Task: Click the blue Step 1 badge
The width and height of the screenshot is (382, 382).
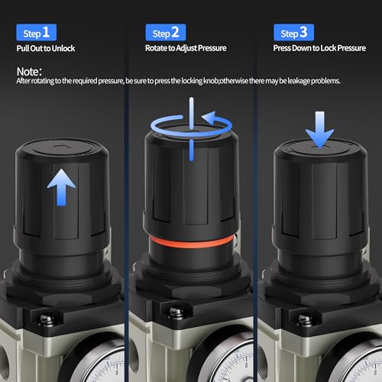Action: pyautogui.click(x=36, y=32)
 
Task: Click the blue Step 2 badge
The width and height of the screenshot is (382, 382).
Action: pyautogui.click(x=166, y=32)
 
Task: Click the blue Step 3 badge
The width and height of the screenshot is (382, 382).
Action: pyautogui.click(x=293, y=32)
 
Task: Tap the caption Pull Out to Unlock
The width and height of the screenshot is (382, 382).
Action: pyautogui.click(x=46, y=48)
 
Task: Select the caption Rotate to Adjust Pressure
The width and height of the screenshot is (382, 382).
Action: pyautogui.click(x=186, y=48)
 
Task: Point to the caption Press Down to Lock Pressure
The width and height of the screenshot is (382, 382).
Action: pyautogui.click(x=319, y=48)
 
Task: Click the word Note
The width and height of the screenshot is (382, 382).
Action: pyautogui.click(x=28, y=72)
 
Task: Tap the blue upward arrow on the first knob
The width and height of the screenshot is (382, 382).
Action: pyautogui.click(x=61, y=187)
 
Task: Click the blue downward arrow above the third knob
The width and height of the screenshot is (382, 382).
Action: pyautogui.click(x=320, y=129)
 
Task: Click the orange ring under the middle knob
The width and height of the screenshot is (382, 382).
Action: pyautogui.click(x=191, y=242)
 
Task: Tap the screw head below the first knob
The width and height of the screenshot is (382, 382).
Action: pyautogui.click(x=46, y=320)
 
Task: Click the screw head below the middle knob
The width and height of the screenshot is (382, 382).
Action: pyautogui.click(x=176, y=312)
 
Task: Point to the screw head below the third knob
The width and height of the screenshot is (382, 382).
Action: pyautogui.click(x=305, y=320)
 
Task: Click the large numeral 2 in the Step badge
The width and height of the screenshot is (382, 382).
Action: pyautogui.click(x=175, y=32)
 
